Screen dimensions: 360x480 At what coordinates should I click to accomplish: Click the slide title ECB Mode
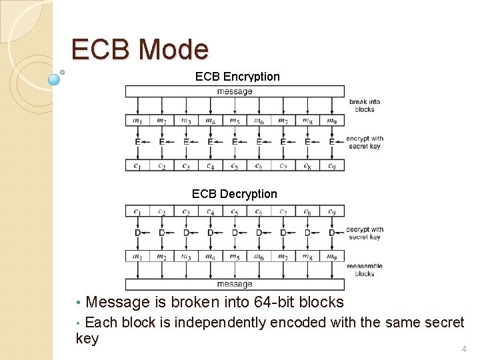[140, 50]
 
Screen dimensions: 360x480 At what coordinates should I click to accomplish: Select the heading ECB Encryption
[237, 77]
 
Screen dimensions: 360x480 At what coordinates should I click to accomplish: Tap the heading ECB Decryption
[234, 194]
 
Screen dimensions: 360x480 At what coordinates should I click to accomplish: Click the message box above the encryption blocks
[235, 91]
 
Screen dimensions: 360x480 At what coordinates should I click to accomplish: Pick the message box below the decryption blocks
[235, 284]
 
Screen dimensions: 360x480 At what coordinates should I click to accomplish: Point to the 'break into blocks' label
[365, 105]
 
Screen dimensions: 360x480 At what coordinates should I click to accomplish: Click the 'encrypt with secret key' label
[365, 143]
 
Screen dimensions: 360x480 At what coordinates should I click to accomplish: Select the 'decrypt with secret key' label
[365, 233]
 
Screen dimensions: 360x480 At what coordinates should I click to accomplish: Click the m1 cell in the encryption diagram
[137, 121]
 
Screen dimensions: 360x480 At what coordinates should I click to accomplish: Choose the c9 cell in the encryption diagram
[331, 165]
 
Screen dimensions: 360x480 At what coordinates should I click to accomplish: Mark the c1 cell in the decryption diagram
[137, 211]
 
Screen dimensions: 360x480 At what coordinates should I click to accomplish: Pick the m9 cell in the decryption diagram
[331, 257]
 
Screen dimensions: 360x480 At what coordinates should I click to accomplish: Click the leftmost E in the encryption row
[137, 142]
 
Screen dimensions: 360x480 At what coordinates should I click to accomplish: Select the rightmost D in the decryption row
[331, 233]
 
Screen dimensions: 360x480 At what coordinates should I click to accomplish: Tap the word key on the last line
[87, 339]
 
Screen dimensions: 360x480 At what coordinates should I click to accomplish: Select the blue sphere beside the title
[55, 79]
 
